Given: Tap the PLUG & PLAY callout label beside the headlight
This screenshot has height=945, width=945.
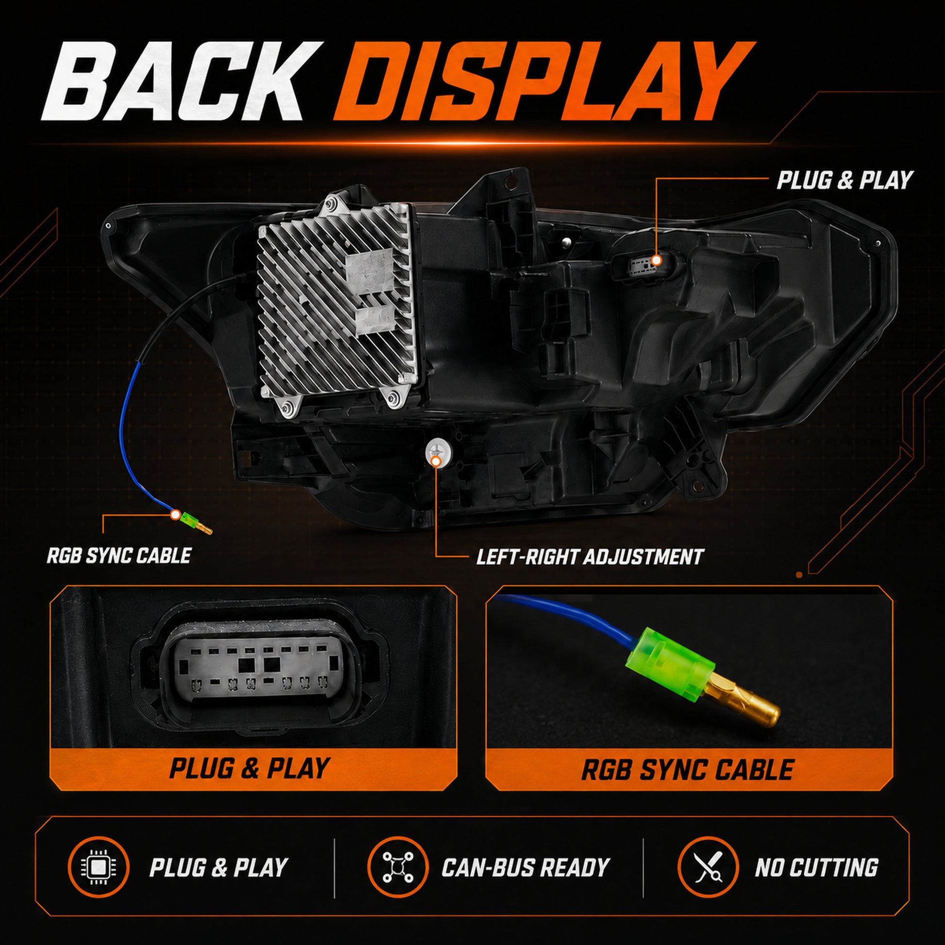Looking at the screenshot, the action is [845, 180].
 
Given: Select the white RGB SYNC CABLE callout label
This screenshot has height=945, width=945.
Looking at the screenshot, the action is [119, 556].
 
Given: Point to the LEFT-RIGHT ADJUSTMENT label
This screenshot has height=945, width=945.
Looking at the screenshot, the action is [590, 557].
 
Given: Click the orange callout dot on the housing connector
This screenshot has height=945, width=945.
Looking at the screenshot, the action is [657, 260].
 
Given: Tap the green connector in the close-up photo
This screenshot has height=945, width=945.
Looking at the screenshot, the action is [671, 664].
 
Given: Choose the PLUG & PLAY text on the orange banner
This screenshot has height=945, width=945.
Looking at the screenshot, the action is [249, 768].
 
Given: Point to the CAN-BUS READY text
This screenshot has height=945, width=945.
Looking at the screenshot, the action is [525, 868].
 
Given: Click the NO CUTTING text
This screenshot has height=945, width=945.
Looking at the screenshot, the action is [816, 868].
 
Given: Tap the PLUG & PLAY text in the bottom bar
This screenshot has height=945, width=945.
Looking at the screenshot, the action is [218, 868].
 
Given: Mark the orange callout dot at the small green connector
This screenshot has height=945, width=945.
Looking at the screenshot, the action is [174, 515].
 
